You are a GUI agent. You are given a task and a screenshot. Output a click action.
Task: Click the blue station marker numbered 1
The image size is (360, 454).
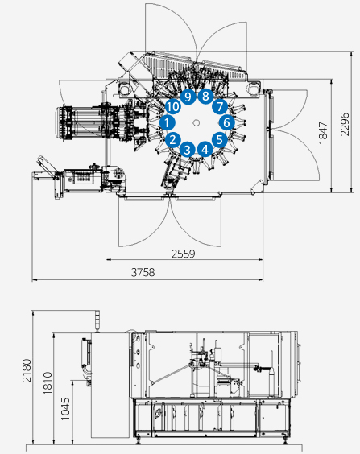tap(167, 123)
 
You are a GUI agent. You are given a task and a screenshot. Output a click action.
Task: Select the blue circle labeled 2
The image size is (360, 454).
tap(173, 139)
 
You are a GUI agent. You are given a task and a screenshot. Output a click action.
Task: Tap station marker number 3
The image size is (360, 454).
tap(188, 150)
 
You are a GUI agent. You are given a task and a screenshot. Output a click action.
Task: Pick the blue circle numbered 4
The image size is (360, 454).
tap(205, 150)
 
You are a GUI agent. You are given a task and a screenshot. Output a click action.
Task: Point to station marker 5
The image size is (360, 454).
tap(220, 139)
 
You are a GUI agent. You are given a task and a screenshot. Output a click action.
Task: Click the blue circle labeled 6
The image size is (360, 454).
tap(226, 122)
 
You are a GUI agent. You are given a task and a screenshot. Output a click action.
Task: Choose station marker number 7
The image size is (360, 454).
tap(220, 106)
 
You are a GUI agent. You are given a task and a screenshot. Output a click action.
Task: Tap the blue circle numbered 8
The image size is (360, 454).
tap(205, 96)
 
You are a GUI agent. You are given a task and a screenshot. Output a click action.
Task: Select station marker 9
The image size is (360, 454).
tap(188, 97)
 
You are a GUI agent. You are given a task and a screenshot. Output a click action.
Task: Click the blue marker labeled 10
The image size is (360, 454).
tap(173, 106)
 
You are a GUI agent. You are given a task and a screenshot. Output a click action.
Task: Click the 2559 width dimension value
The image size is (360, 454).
tap(184, 254)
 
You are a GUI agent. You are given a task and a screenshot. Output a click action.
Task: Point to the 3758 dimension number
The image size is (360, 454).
tap(143, 272)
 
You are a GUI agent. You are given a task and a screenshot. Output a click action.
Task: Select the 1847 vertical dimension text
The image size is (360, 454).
tap(323, 133)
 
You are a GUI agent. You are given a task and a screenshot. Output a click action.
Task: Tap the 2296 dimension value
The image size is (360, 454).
tap(345, 125)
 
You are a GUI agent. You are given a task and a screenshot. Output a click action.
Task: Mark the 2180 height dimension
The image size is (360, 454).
tap(27, 370)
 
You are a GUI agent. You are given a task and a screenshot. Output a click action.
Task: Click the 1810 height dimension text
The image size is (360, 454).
tap(48, 383)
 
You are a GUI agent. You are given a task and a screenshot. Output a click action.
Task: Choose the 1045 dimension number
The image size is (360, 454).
tap(65, 409)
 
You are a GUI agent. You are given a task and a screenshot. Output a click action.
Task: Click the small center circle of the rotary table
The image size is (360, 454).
tap(197, 123)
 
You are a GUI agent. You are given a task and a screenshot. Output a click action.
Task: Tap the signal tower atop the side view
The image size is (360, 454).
tap(97, 321)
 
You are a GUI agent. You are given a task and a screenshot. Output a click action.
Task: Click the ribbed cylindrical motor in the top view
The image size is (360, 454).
tap(81, 124)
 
